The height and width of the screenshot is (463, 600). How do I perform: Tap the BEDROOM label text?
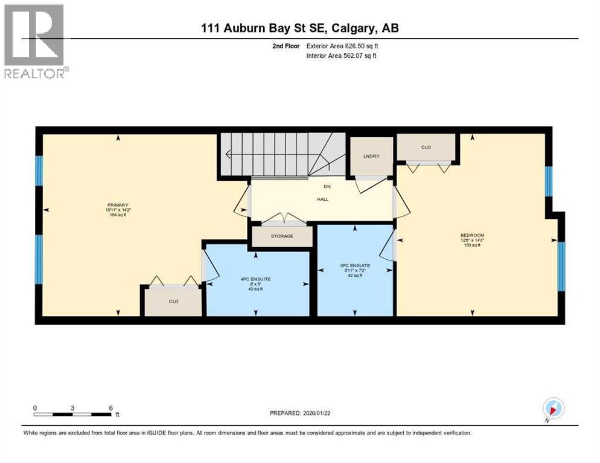point(472,235)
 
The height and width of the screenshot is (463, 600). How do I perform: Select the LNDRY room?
point(371,157)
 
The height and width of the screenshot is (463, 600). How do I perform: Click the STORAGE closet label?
point(281,236)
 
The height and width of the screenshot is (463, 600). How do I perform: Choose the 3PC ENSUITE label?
point(355,265)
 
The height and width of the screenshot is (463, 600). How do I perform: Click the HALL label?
point(322,199)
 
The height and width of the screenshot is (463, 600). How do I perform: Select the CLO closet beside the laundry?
point(426,147)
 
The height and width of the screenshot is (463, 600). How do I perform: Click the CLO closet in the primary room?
point(173,301)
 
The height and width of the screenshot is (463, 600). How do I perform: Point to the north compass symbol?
point(554,408)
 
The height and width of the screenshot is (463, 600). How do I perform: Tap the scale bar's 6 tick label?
point(110,408)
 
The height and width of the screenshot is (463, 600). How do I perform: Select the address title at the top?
point(300,28)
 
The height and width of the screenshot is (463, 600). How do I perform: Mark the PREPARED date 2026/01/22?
point(307,413)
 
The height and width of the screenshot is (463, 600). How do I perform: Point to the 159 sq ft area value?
point(472,245)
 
